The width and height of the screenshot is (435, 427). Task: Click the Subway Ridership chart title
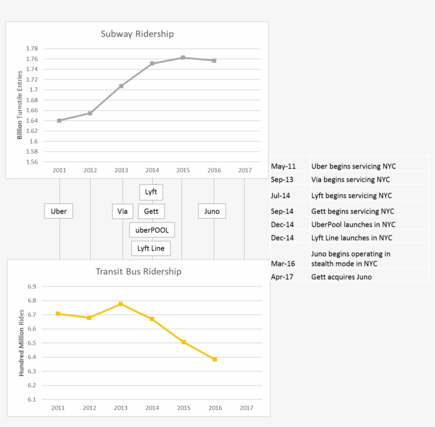pyautogui.click(x=137, y=34)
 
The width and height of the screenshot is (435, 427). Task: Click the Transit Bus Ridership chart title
pyautogui.click(x=138, y=271)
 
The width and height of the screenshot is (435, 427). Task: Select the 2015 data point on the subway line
pyautogui.click(x=183, y=58)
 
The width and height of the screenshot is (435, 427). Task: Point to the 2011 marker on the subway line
pyautogui.click(x=59, y=121)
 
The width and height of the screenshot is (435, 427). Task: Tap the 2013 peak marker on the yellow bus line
pyautogui.click(x=121, y=304)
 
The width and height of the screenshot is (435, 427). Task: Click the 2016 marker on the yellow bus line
pyautogui.click(x=215, y=359)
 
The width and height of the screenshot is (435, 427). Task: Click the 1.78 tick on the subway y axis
pyautogui.click(x=32, y=49)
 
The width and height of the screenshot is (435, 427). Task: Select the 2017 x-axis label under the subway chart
pyautogui.click(x=245, y=171)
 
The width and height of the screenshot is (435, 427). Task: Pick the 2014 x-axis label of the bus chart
pyautogui.click(x=152, y=408)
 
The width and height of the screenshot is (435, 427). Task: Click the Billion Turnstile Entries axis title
pyautogui.click(x=20, y=105)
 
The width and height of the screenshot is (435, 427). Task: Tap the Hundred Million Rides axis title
pyautogui.click(x=21, y=343)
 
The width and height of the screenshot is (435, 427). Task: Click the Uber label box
pyautogui.click(x=58, y=211)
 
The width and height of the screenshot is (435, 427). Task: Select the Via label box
pyautogui.click(x=123, y=211)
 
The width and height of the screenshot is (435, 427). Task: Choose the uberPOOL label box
pyautogui.click(x=152, y=230)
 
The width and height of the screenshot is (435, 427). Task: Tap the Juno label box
pyautogui.click(x=212, y=211)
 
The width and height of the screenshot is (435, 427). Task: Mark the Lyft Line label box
pyautogui.click(x=151, y=248)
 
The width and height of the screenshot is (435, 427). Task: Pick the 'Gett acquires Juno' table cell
pyautogui.click(x=341, y=277)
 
